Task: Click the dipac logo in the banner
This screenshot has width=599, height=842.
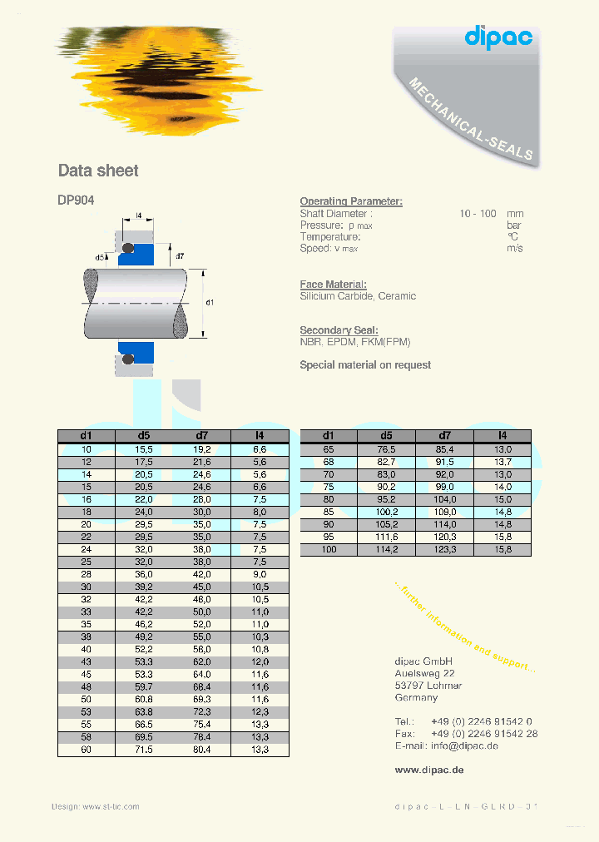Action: coord(498,37)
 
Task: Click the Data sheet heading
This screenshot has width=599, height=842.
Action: coord(98,171)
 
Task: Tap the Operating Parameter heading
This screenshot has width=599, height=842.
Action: coord(350,201)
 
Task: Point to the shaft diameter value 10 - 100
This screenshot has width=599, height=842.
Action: coord(479,214)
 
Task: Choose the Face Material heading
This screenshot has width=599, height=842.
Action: coord(333,285)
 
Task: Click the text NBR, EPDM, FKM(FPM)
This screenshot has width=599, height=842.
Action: coord(354,342)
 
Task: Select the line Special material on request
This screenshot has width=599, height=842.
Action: coord(364,364)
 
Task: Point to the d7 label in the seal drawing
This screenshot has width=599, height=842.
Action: coord(179,255)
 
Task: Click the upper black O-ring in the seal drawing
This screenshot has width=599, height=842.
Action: coord(128,249)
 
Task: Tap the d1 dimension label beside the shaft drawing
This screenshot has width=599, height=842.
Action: coord(210,303)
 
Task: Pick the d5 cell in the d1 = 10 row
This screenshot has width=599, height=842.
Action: coord(144,449)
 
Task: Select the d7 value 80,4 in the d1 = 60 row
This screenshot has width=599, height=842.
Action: coord(202,750)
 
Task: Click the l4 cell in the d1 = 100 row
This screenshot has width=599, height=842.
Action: coord(502,550)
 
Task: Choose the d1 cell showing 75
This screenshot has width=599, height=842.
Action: coord(328,487)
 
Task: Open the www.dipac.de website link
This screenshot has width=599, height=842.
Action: coord(428,770)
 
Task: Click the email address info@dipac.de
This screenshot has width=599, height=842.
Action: coord(464,745)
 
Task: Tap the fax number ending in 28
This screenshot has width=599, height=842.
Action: coord(483,734)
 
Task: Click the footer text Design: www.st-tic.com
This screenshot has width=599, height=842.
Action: coord(95,806)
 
